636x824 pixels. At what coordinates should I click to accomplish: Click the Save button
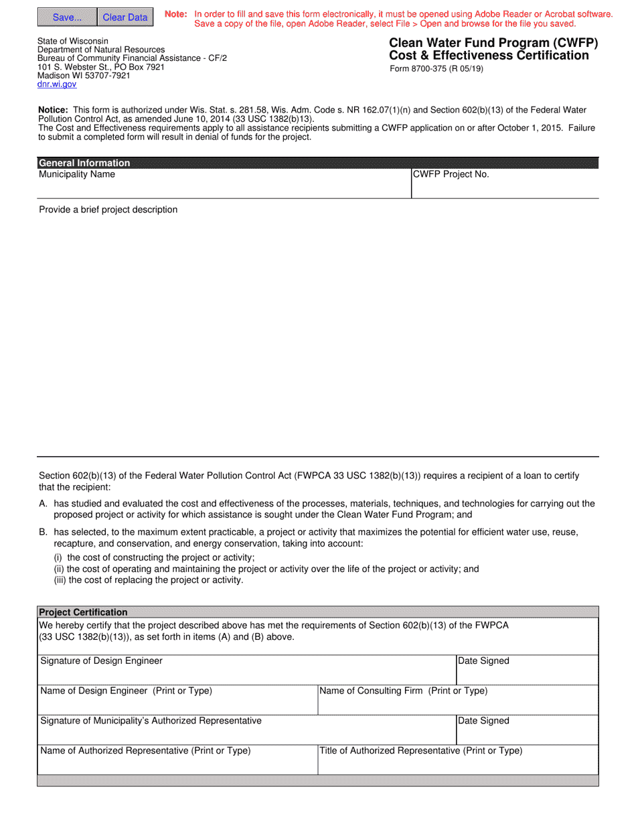pyautogui.click(x=67, y=17)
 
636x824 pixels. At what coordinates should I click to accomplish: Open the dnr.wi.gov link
pyautogui.click(x=57, y=84)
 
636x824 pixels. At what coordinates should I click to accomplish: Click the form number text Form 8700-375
pyautogui.click(x=436, y=68)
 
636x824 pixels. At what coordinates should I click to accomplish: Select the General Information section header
pyautogui.click(x=84, y=163)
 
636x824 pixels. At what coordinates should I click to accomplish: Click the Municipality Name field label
pyautogui.click(x=77, y=175)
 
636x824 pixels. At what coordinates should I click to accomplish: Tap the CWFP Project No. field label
pyautogui.click(x=451, y=175)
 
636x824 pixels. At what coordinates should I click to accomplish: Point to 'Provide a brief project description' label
pyautogui.click(x=108, y=210)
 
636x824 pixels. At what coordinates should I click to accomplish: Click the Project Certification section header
pyautogui.click(x=84, y=612)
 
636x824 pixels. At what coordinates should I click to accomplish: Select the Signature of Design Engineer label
pyautogui.click(x=102, y=661)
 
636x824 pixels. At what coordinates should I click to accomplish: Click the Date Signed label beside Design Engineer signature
pyautogui.click(x=483, y=661)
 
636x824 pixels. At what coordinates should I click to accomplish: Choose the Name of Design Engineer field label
pyautogui.click(x=127, y=691)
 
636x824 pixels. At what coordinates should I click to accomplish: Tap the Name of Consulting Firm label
pyautogui.click(x=404, y=691)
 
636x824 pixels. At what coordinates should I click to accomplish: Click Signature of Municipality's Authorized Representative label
pyautogui.click(x=151, y=721)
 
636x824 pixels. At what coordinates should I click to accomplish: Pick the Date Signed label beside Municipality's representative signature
pyautogui.click(x=483, y=721)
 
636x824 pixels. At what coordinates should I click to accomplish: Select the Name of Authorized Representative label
pyautogui.click(x=146, y=751)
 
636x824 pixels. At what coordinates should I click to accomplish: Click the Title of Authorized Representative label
pyautogui.click(x=421, y=751)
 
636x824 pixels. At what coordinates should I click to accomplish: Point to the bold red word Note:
pyautogui.click(x=176, y=14)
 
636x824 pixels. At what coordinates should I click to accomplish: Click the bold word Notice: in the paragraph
pyautogui.click(x=53, y=110)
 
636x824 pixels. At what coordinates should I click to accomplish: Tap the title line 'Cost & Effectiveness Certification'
pyautogui.click(x=480, y=56)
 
